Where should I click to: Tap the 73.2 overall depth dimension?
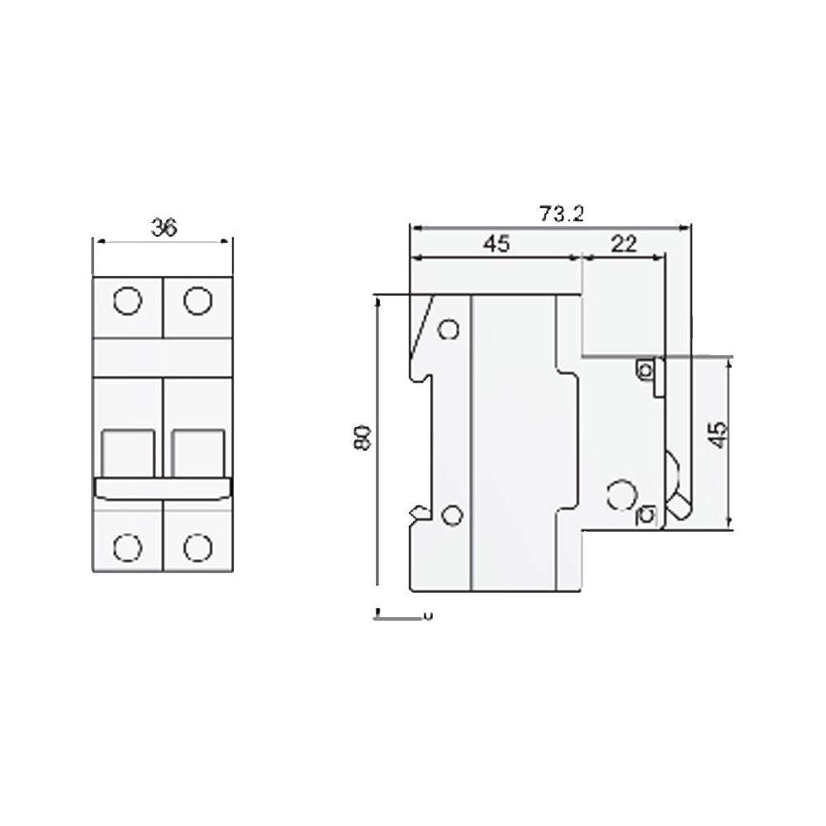563,214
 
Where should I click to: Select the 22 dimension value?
624,244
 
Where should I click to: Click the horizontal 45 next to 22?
496,244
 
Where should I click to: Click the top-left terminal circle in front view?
127,301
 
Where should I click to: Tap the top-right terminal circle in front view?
197,301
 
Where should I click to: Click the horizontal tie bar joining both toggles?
163,488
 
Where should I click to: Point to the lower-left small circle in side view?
450,517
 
